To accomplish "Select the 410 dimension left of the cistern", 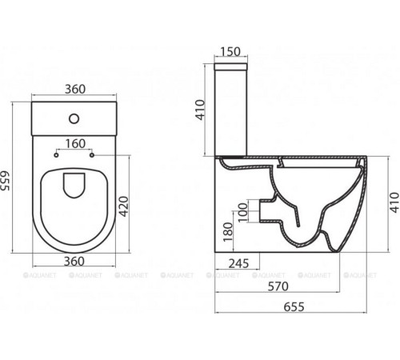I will coord(203,108).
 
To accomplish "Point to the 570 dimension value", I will coord(278,286).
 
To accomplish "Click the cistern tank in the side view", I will coord(233,109).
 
